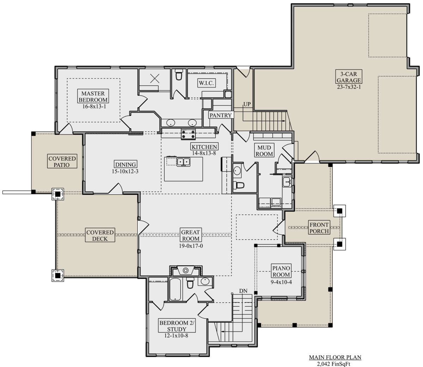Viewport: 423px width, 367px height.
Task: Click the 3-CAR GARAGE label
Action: tap(349, 77)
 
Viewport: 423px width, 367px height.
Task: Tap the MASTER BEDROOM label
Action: tap(93, 97)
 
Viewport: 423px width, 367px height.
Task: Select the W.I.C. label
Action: tap(206, 83)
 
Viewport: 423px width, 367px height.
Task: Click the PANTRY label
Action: tap(221, 115)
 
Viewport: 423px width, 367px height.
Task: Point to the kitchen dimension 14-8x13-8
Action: tap(204, 153)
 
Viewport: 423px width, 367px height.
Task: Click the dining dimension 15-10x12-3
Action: tap(125, 171)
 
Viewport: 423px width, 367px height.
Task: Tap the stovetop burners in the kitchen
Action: tap(188, 134)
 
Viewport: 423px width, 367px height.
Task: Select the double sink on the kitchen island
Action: tap(183, 162)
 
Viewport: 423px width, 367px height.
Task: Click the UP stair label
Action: tap(247, 104)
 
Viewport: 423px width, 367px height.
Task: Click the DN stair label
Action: tap(243, 291)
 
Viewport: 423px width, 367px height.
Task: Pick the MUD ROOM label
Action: tap(264, 151)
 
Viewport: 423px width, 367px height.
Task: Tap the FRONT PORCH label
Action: tap(319, 228)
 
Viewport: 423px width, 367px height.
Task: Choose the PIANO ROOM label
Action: tap(281, 271)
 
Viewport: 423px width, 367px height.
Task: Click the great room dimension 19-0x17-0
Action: tap(191, 246)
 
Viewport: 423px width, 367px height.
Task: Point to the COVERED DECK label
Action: tap(100, 235)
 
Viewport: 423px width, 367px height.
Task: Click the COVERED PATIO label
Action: tap(62, 162)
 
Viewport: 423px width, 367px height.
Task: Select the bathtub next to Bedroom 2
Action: tap(175, 289)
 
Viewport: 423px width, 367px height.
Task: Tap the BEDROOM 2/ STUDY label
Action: tap(177, 326)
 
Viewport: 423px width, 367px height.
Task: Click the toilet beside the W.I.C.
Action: tap(179, 74)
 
